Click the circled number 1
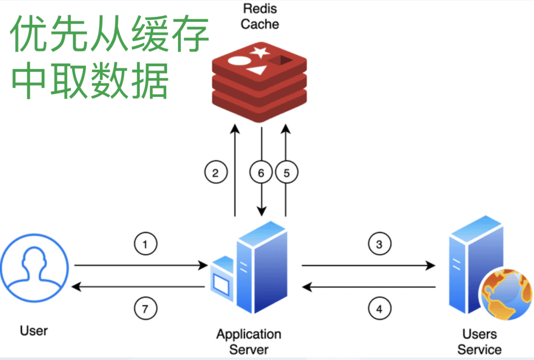click(145, 244)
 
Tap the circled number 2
click(216, 173)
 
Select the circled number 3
click(379, 244)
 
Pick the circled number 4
click(379, 310)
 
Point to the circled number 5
click(287, 173)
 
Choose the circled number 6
click(261, 173)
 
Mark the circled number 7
click(145, 310)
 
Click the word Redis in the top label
click(260, 8)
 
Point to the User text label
click(34, 330)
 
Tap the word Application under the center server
click(249, 334)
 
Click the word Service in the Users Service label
click(479, 350)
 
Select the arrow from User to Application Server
click(141, 266)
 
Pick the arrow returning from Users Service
click(369, 287)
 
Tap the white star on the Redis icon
click(259, 51)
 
